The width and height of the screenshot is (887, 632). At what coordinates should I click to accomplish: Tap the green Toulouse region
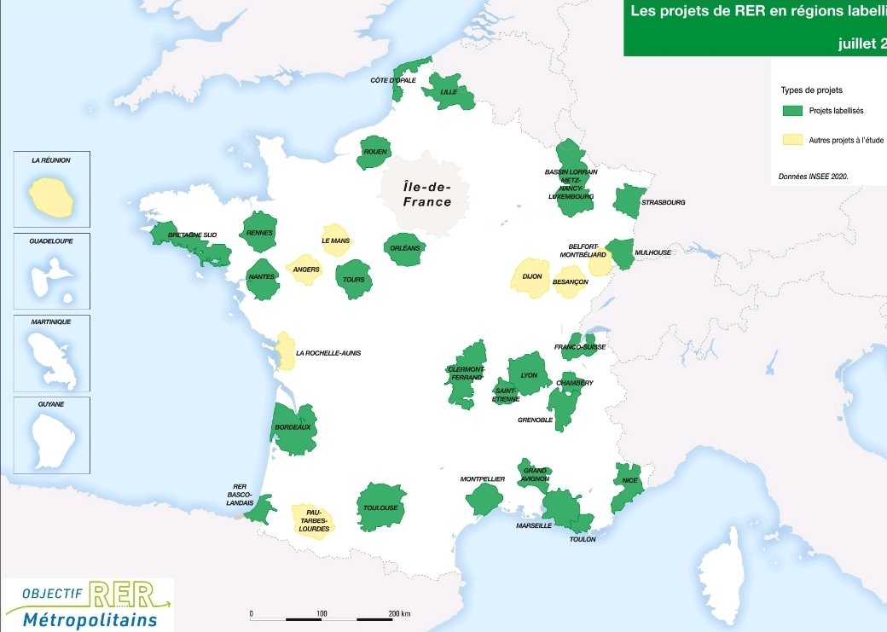(380, 507)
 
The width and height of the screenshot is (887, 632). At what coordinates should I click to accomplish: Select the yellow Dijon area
(531, 277)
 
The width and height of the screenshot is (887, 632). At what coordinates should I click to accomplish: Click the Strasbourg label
(663, 203)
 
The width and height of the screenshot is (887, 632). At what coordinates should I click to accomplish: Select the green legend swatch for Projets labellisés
(793, 111)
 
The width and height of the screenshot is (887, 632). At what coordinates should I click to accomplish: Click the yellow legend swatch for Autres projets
(793, 140)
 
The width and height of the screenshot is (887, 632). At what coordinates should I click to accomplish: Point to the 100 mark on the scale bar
(322, 614)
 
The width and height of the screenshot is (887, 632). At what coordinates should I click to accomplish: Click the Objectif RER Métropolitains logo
(88, 605)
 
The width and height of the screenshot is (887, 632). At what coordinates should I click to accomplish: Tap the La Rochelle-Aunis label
(328, 353)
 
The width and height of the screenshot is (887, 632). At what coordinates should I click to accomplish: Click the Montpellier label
(483, 479)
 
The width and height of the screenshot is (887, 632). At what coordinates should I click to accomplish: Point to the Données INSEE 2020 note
(813, 177)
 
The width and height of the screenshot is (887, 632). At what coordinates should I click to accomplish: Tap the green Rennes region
(258, 231)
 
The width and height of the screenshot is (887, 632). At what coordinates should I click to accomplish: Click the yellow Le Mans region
(335, 241)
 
